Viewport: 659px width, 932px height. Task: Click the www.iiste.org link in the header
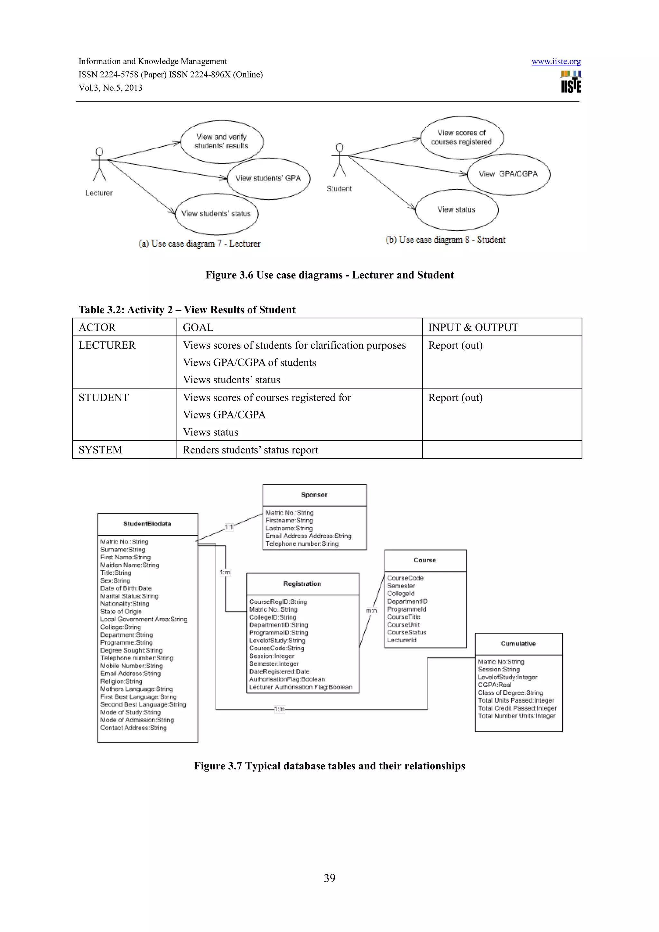click(x=556, y=61)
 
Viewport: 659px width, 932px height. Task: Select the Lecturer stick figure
click(x=99, y=164)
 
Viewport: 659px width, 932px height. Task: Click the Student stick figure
click(x=340, y=160)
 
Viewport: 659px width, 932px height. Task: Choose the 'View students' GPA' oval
click(x=268, y=178)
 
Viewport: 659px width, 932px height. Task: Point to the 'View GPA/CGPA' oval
click(x=508, y=174)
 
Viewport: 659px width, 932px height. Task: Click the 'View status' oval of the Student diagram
click(x=456, y=209)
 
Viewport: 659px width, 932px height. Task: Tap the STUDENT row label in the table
click(x=104, y=397)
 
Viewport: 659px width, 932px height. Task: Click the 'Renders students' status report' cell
click(x=251, y=450)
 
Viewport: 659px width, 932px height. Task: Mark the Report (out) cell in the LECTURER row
click(x=455, y=345)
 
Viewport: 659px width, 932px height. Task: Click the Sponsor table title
click(x=314, y=495)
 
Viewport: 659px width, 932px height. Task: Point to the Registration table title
click(x=302, y=584)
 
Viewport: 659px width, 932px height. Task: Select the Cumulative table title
click(x=518, y=644)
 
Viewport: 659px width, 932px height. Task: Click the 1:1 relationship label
click(x=229, y=527)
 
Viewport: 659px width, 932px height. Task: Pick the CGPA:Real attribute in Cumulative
click(x=495, y=685)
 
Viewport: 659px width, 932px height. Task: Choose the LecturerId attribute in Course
click(x=402, y=640)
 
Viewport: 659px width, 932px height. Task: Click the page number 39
click(x=329, y=878)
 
